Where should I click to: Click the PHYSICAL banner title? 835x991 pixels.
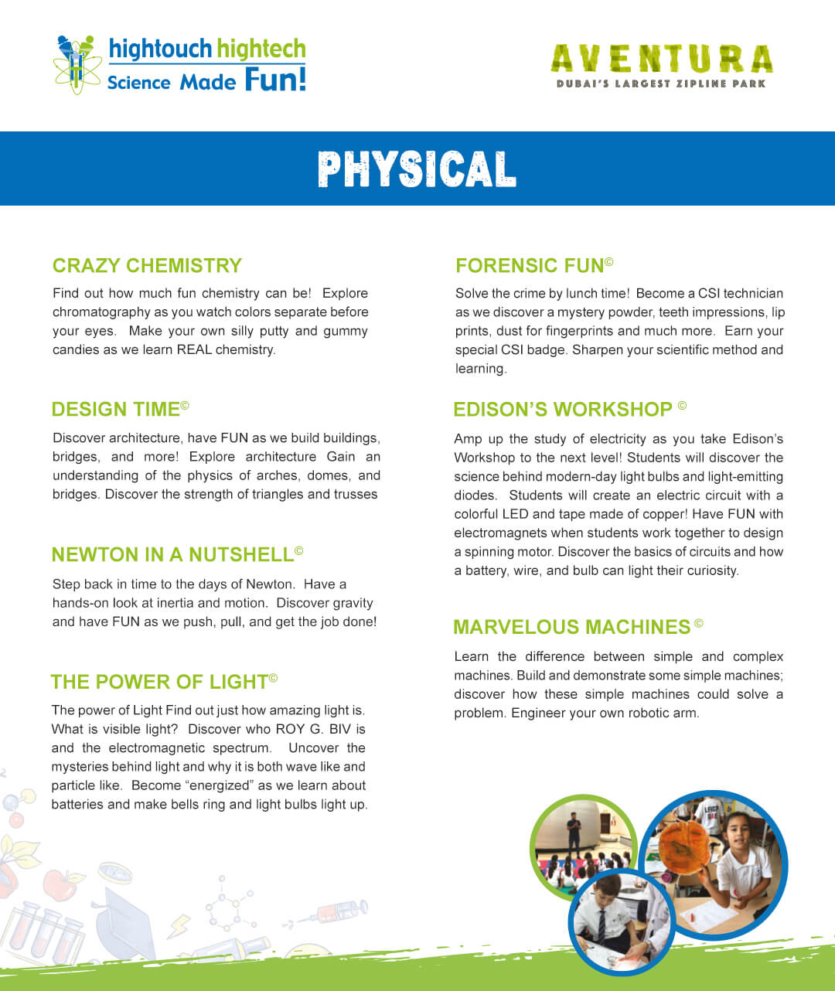[x=417, y=169]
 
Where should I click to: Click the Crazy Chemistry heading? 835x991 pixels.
[x=147, y=266]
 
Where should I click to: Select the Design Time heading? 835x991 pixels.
[x=116, y=410]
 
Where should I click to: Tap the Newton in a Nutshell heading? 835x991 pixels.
[x=172, y=555]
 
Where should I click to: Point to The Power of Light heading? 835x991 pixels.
[x=159, y=682]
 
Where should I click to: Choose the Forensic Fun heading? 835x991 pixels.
[x=530, y=266]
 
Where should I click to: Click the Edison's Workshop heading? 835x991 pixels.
[x=563, y=410]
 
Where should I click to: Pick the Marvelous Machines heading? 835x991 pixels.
[x=572, y=627]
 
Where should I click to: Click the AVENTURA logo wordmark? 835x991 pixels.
[x=661, y=60]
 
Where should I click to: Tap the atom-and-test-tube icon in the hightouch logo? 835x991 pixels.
[x=77, y=64]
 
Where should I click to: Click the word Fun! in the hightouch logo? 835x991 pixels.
[x=275, y=80]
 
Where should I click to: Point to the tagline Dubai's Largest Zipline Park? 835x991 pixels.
[x=661, y=83]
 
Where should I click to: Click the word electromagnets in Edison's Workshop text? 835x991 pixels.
[x=501, y=533]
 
